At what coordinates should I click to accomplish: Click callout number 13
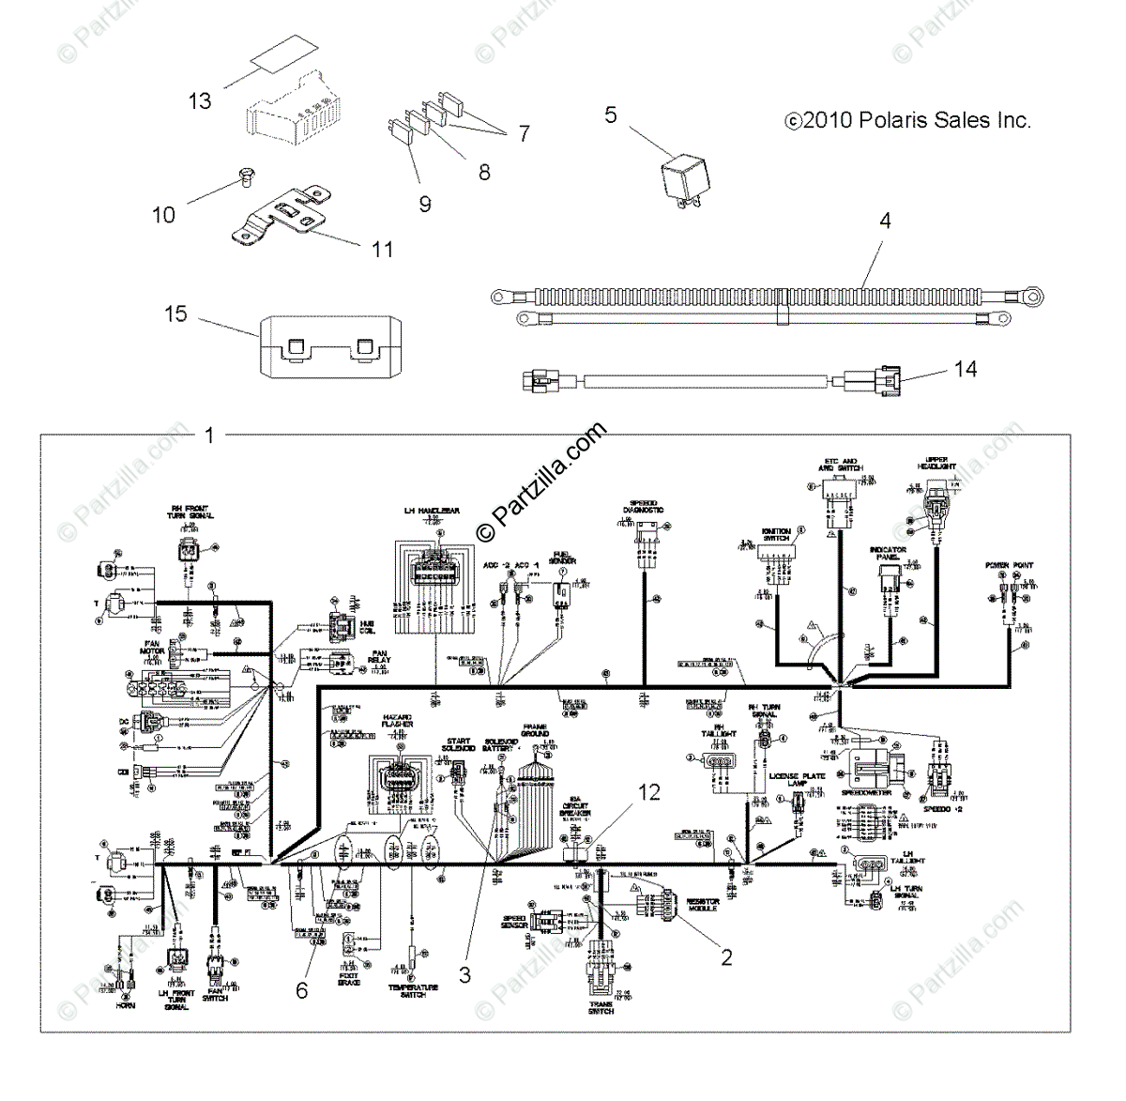point(200,100)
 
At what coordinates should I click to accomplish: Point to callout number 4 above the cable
point(885,222)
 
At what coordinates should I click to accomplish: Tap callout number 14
point(966,369)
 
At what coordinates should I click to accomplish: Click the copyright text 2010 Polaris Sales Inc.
point(908,121)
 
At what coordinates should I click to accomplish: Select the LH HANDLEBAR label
point(432,512)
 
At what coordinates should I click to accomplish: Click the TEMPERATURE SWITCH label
point(413,990)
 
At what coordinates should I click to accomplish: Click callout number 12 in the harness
point(649,793)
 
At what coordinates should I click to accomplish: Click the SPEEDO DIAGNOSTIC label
point(643,506)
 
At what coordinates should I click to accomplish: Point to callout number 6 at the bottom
point(301,989)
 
